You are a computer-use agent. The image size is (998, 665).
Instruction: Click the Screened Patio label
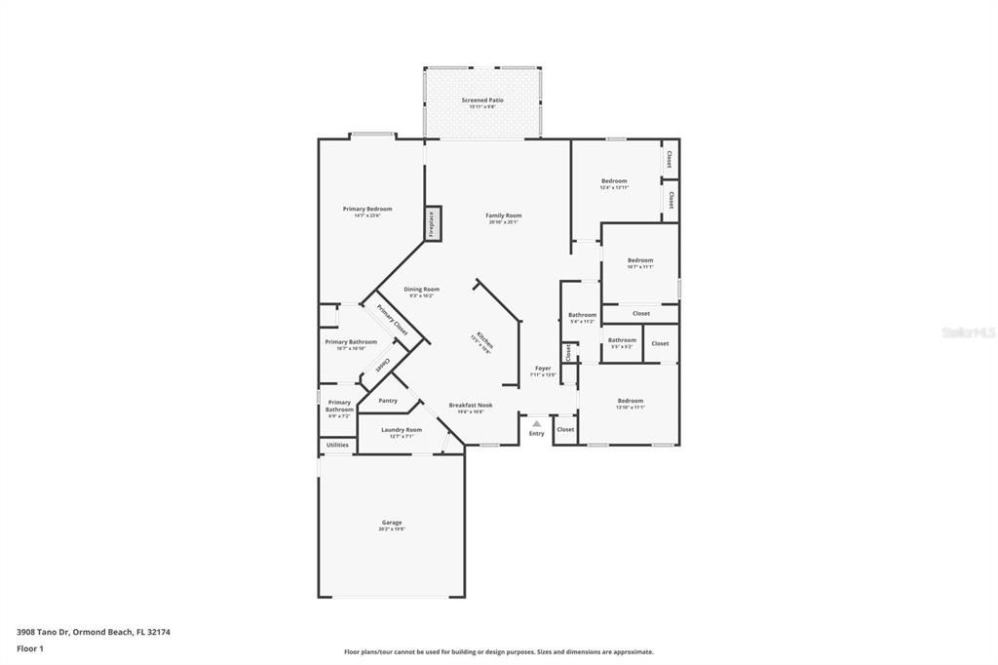coord(482,101)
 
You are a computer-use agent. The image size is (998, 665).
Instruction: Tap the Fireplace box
coord(433,222)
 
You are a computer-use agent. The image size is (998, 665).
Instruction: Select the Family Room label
coord(504,215)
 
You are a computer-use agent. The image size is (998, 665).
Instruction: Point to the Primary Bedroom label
coord(366,209)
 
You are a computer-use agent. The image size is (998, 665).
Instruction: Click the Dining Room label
coord(422,290)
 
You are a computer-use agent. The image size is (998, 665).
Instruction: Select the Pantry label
coord(388,400)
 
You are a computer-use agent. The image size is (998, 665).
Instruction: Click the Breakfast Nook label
coord(470,405)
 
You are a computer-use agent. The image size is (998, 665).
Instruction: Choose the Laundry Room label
coord(401,430)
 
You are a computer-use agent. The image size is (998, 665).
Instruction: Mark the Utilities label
coord(337,445)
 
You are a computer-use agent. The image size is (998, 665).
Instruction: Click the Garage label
coord(391,523)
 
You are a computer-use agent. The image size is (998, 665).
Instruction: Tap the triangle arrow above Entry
coord(536,422)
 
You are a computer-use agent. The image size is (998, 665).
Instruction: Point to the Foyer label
coord(543,369)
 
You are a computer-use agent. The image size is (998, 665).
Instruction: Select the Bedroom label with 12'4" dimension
coord(614,181)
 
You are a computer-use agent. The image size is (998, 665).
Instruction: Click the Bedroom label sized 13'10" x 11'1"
coord(630,401)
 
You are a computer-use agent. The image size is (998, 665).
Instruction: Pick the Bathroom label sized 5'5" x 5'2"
coord(622,340)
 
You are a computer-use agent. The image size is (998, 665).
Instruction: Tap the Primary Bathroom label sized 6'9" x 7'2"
coord(339,406)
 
